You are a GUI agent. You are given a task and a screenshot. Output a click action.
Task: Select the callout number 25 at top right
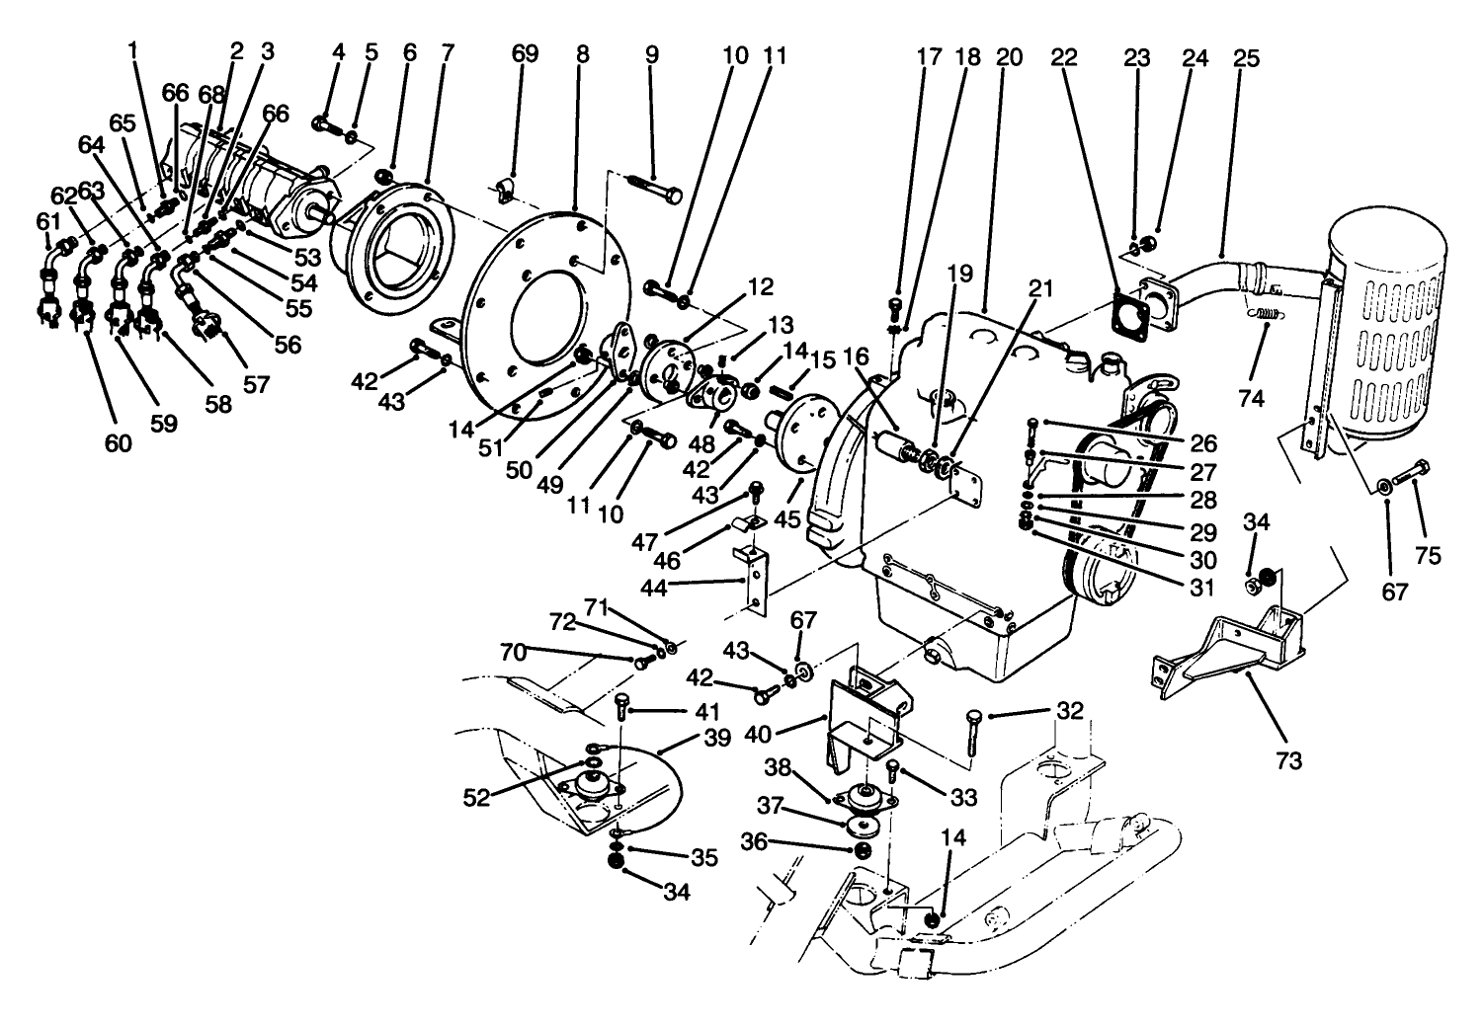pyautogui.click(x=1247, y=58)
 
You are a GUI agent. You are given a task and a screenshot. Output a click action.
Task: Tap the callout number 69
pyautogui.click(x=525, y=54)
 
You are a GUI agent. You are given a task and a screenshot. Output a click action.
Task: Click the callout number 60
pyautogui.click(x=118, y=444)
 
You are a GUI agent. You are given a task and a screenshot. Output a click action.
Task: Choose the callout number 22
pyautogui.click(x=1062, y=58)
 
